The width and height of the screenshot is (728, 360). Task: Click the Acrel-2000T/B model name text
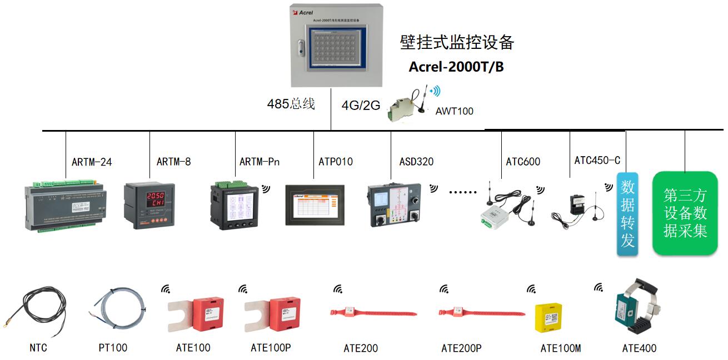456,67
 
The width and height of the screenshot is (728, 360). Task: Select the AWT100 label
454,111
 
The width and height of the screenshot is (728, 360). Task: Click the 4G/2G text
361,105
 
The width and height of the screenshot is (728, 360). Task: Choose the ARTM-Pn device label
260,162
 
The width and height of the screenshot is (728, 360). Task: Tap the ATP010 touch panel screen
315,207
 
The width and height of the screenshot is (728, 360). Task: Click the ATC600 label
523,162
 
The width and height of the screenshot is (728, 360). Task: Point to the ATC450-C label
597,161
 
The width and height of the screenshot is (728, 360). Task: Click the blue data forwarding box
627,214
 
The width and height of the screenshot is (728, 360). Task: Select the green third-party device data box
685,213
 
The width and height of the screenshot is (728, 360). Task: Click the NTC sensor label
38,348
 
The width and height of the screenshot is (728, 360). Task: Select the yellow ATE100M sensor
548,318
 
